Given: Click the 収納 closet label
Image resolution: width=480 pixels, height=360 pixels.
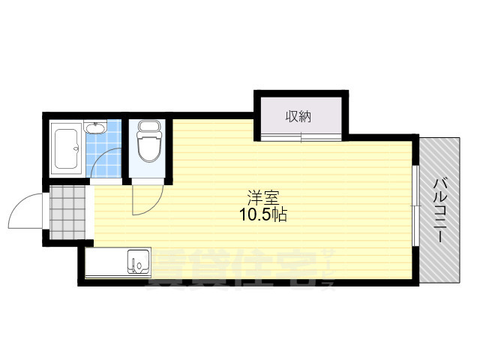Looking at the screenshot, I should (298, 116).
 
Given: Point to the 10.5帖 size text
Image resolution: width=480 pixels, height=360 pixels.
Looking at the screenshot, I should (262, 215).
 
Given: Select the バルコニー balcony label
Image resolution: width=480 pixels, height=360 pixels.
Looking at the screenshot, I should (440, 205).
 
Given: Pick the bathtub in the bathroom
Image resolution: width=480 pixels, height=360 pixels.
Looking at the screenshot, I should (69, 147).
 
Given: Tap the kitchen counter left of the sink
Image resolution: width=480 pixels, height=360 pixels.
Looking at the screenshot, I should (106, 263).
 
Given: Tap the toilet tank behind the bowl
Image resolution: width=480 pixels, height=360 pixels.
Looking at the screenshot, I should (148, 127).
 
